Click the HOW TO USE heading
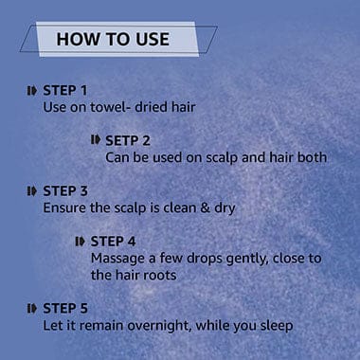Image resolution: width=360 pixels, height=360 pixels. coord(113,39)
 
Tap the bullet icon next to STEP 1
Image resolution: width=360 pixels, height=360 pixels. coord(32,91)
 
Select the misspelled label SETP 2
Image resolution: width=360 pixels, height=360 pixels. coord(128,141)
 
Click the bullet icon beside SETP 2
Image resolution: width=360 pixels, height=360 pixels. coord(96,140)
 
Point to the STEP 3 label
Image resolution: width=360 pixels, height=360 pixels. coord(65,191)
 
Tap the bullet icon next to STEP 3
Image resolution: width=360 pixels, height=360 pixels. coord(32,191)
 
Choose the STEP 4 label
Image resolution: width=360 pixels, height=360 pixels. coord(113,242)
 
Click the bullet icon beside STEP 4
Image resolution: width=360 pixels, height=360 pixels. coord(81,242)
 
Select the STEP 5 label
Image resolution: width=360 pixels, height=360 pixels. coord(65,309)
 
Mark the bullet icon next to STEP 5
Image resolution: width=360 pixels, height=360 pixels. coord(32,309)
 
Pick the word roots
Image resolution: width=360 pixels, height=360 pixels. coord(160,276)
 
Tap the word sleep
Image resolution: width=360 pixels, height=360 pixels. coord(277,326)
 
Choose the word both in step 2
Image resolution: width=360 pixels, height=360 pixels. coord(312,157)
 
